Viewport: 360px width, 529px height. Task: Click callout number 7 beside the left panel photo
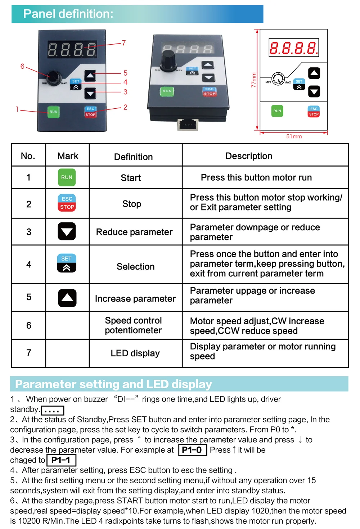click(x=124, y=43)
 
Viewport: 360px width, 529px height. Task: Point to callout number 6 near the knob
click(x=22, y=66)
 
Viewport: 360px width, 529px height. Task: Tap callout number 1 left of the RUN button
click(x=17, y=109)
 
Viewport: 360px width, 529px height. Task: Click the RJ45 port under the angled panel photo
click(x=188, y=124)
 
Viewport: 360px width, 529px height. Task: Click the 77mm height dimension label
click(x=253, y=80)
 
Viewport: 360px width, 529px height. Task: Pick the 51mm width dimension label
click(x=294, y=136)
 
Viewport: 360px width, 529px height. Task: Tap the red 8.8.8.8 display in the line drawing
click(x=294, y=48)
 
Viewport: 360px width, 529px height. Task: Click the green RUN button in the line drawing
click(x=277, y=111)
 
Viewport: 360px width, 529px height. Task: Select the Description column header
click(x=249, y=156)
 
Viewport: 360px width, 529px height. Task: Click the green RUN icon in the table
click(x=67, y=177)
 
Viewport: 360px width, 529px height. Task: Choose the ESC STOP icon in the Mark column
click(x=67, y=203)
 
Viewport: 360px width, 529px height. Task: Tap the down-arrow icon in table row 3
click(x=67, y=231)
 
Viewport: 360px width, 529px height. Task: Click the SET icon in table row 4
click(x=67, y=263)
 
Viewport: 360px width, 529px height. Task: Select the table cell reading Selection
click(x=135, y=267)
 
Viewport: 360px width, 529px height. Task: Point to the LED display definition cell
click(x=135, y=353)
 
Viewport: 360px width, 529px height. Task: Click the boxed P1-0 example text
click(x=192, y=450)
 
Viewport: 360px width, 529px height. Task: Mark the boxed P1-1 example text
click(x=61, y=460)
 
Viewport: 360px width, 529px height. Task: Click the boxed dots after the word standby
click(x=53, y=410)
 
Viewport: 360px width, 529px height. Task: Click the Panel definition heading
click(x=68, y=14)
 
